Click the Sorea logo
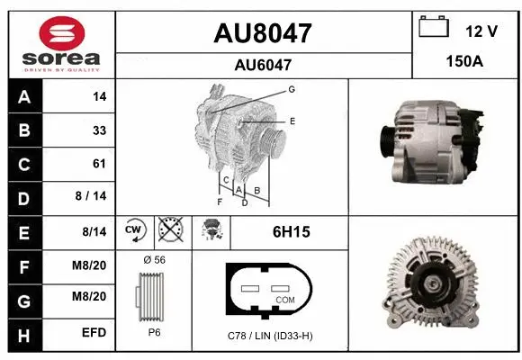point(58,43)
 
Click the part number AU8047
point(263,33)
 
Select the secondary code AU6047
point(263,65)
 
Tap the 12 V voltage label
point(481,31)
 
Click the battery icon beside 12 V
point(434,28)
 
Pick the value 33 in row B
point(99,130)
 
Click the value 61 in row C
point(99,164)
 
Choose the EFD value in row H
point(94,332)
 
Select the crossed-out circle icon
point(170,232)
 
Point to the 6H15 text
point(291,232)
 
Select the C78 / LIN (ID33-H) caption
point(271,337)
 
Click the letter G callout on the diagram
point(292,89)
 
